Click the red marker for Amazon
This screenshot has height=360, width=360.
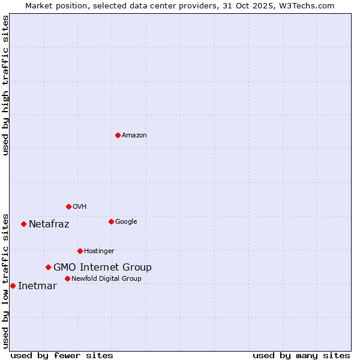(x=118, y=135)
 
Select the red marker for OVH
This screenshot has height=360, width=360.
(x=68, y=206)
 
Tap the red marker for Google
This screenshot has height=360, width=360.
(x=111, y=221)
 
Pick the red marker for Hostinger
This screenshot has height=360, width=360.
(x=80, y=251)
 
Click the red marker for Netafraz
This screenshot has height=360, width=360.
(x=23, y=224)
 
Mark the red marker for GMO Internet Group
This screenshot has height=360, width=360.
(x=48, y=267)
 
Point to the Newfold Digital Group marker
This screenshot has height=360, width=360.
(x=67, y=278)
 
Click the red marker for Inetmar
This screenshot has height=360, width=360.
(x=13, y=286)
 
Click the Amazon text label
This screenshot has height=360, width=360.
(x=134, y=136)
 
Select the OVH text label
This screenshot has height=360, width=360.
(x=80, y=207)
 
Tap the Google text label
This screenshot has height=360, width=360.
(x=126, y=222)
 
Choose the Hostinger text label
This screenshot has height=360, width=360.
(x=99, y=251)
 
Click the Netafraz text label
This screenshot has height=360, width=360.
(x=49, y=224)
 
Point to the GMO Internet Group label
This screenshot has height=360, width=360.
(x=103, y=268)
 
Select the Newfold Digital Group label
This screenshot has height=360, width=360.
(x=106, y=279)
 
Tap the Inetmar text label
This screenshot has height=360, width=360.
(x=37, y=286)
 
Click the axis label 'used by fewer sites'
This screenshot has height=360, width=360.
(x=62, y=355)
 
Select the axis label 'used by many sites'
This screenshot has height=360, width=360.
(x=301, y=355)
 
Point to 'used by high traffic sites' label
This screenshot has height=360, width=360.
(x=6, y=85)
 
